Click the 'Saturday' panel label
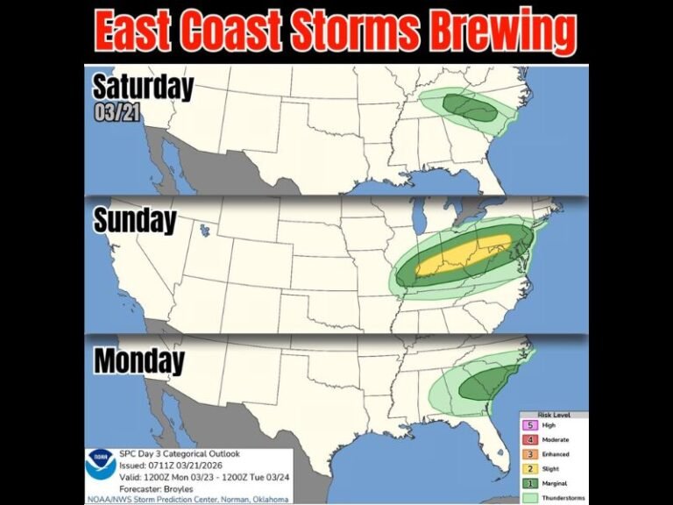click(143, 87)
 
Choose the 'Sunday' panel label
click(135, 221)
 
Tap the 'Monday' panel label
click(139, 360)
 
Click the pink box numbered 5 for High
click(529, 424)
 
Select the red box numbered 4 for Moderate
click(529, 439)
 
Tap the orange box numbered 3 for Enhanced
click(529, 454)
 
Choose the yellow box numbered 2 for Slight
click(529, 469)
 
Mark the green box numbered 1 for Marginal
click(529, 484)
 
